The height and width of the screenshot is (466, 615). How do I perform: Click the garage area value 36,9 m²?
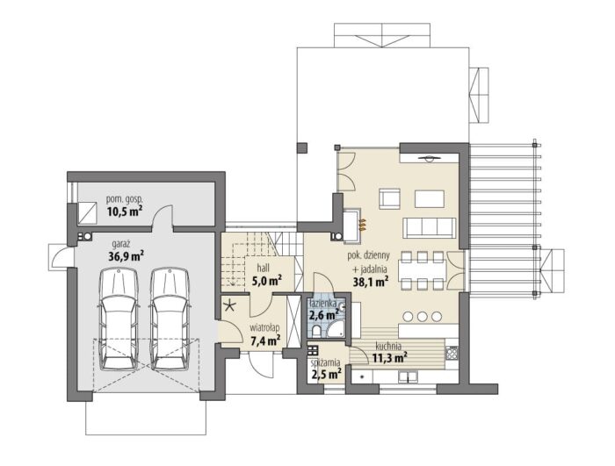point(126,257)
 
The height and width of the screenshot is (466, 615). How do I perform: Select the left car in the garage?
point(119,319)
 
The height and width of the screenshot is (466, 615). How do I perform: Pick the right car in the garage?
point(170,319)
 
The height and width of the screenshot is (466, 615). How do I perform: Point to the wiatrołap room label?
point(264,327)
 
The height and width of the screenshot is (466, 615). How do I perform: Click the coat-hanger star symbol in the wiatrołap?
point(230,305)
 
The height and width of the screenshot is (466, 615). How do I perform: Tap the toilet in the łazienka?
point(317,331)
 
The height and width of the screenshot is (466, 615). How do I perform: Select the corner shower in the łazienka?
point(336,328)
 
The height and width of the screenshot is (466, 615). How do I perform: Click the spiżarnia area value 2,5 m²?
point(325,374)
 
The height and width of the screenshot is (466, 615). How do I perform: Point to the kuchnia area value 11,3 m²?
point(389,357)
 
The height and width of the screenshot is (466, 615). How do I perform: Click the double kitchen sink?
point(409,377)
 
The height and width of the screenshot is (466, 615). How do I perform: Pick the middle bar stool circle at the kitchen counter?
point(423,316)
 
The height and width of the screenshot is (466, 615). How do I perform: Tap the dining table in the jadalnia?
point(423,271)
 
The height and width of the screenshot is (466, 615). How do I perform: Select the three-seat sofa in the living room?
point(430,227)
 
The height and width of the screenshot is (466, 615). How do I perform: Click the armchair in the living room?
point(389,198)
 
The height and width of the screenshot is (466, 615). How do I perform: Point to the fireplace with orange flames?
point(354,225)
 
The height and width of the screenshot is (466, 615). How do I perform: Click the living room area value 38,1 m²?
point(371,282)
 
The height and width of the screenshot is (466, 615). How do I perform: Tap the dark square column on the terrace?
point(302,147)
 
